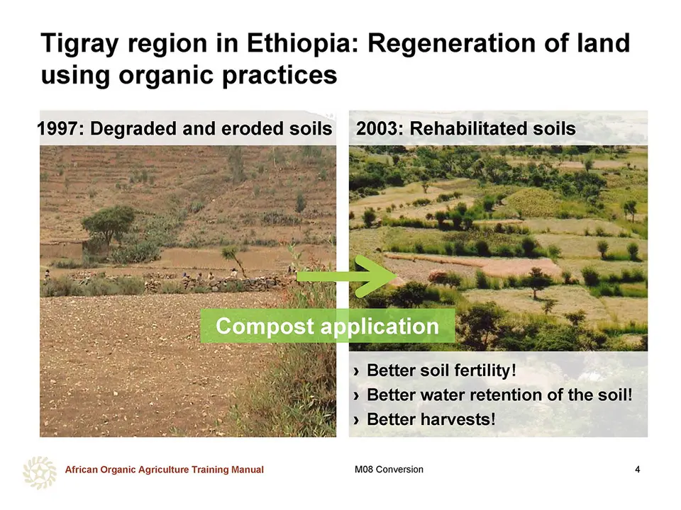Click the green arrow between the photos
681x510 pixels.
(346, 276)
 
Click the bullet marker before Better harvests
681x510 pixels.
(357, 420)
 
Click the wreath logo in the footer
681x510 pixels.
(40, 472)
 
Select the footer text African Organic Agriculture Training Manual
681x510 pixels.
(164, 470)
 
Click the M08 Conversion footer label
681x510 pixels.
(389, 470)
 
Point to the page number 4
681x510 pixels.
(637, 470)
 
